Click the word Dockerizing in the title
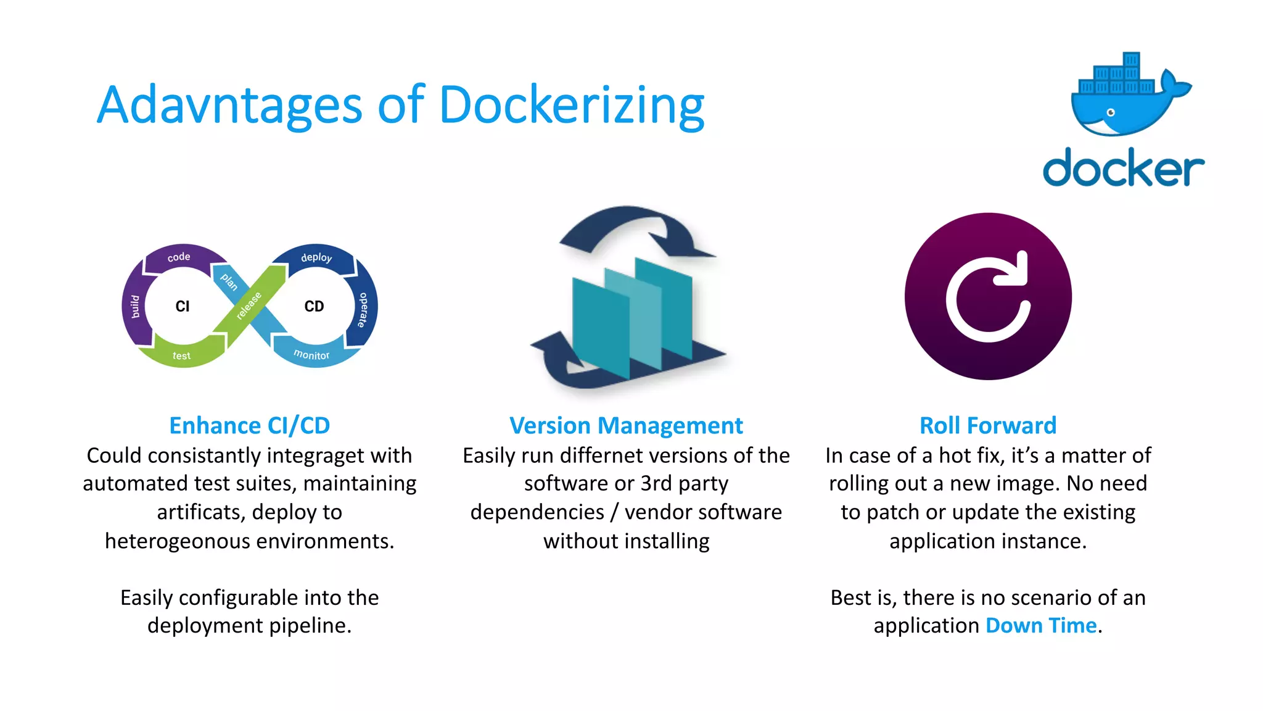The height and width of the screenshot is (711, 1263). (x=571, y=106)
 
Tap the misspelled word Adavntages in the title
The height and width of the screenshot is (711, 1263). (x=229, y=106)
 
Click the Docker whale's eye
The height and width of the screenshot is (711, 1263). (x=1111, y=112)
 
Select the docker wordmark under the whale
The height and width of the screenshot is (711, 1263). (x=1123, y=167)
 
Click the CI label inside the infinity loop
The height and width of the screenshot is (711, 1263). (x=183, y=306)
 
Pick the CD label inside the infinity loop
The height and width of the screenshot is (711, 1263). (x=314, y=306)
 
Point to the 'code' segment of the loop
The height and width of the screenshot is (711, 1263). (x=179, y=257)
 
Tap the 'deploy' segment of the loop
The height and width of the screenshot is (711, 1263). (x=316, y=257)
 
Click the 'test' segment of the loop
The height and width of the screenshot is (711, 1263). (x=181, y=355)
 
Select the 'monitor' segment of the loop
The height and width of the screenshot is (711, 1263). (x=311, y=355)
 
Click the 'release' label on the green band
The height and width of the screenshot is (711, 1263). (x=249, y=305)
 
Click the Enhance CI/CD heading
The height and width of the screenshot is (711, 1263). (x=250, y=425)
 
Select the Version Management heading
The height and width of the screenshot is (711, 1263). (x=626, y=425)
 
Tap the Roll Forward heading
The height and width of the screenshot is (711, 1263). (x=988, y=425)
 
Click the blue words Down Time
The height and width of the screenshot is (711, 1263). (x=1041, y=625)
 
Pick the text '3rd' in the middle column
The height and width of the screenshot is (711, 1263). (x=656, y=483)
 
